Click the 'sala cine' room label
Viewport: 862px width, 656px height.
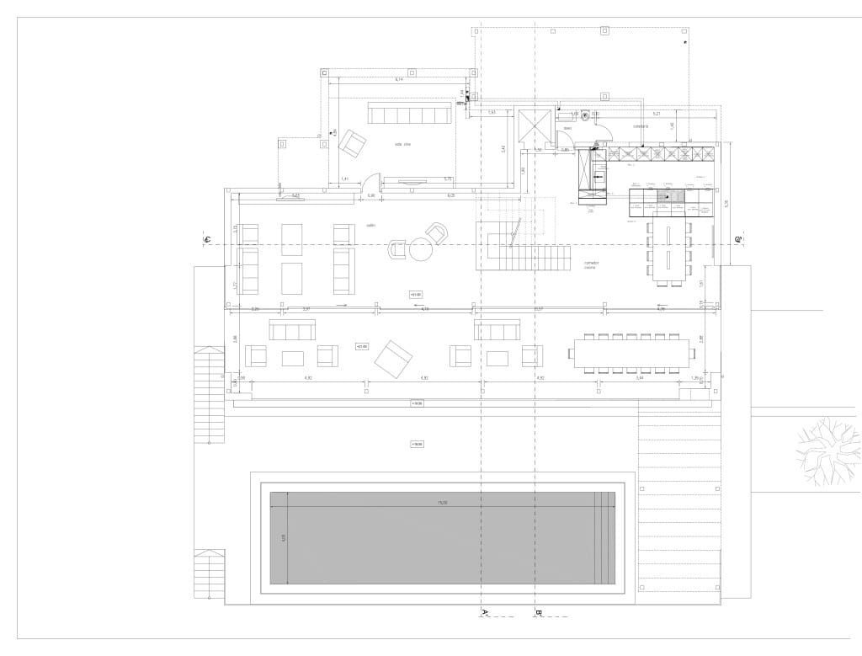tap(402, 145)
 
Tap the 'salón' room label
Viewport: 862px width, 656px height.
tap(370, 226)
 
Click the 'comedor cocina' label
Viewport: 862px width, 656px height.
tap(590, 264)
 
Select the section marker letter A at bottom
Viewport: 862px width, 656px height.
tap(485, 611)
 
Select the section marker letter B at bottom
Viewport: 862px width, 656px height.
tap(537, 611)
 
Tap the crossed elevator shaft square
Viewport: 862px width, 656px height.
tap(533, 126)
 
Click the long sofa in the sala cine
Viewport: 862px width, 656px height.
tap(409, 114)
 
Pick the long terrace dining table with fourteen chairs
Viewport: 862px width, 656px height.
tap(631, 353)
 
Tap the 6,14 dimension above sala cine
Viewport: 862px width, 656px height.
tap(399, 79)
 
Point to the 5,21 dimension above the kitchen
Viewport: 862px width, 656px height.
tap(657, 112)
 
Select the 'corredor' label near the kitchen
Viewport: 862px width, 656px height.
tap(641, 126)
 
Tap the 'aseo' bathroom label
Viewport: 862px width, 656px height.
tap(567, 128)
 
